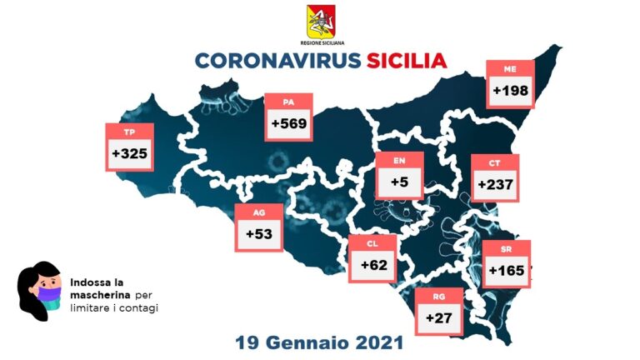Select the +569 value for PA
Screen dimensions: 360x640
coord(287,124)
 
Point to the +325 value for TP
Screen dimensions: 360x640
coord(129,154)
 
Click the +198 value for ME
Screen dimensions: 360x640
coord(512,90)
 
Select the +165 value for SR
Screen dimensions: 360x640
coord(506,271)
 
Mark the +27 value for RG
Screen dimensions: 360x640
coord(438,317)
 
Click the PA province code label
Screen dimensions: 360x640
coord(288,102)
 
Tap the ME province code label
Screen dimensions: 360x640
coord(512,68)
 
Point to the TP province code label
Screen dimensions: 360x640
coord(129,132)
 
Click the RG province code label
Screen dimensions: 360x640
coord(438,297)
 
